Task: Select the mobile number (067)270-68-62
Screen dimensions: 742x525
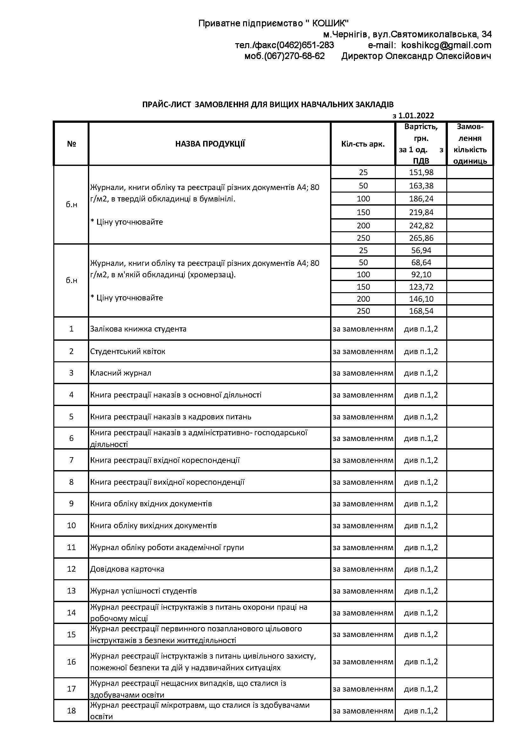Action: pos(284,56)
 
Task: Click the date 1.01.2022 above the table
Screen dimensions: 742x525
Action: pos(416,116)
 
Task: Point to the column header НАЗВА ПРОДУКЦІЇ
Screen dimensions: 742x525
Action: pos(210,144)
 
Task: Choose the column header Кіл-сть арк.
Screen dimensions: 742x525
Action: pos(363,144)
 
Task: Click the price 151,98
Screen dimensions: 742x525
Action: pos(421,172)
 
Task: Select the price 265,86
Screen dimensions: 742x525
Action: pos(421,238)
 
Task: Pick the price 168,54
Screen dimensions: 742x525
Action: pos(421,311)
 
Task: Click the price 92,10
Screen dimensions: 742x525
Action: pos(421,275)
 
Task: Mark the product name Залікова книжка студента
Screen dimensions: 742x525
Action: pos(138,329)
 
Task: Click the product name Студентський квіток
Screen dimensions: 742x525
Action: pos(128,351)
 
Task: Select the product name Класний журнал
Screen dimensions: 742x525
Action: pos(121,373)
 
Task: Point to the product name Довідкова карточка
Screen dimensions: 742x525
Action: pos(127,569)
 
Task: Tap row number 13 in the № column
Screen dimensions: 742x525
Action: pos(71,591)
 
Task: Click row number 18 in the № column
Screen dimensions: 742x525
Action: pos(71,711)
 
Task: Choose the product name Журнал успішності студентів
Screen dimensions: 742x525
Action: pos(143,591)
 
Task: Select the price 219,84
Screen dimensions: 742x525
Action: pos(421,212)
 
